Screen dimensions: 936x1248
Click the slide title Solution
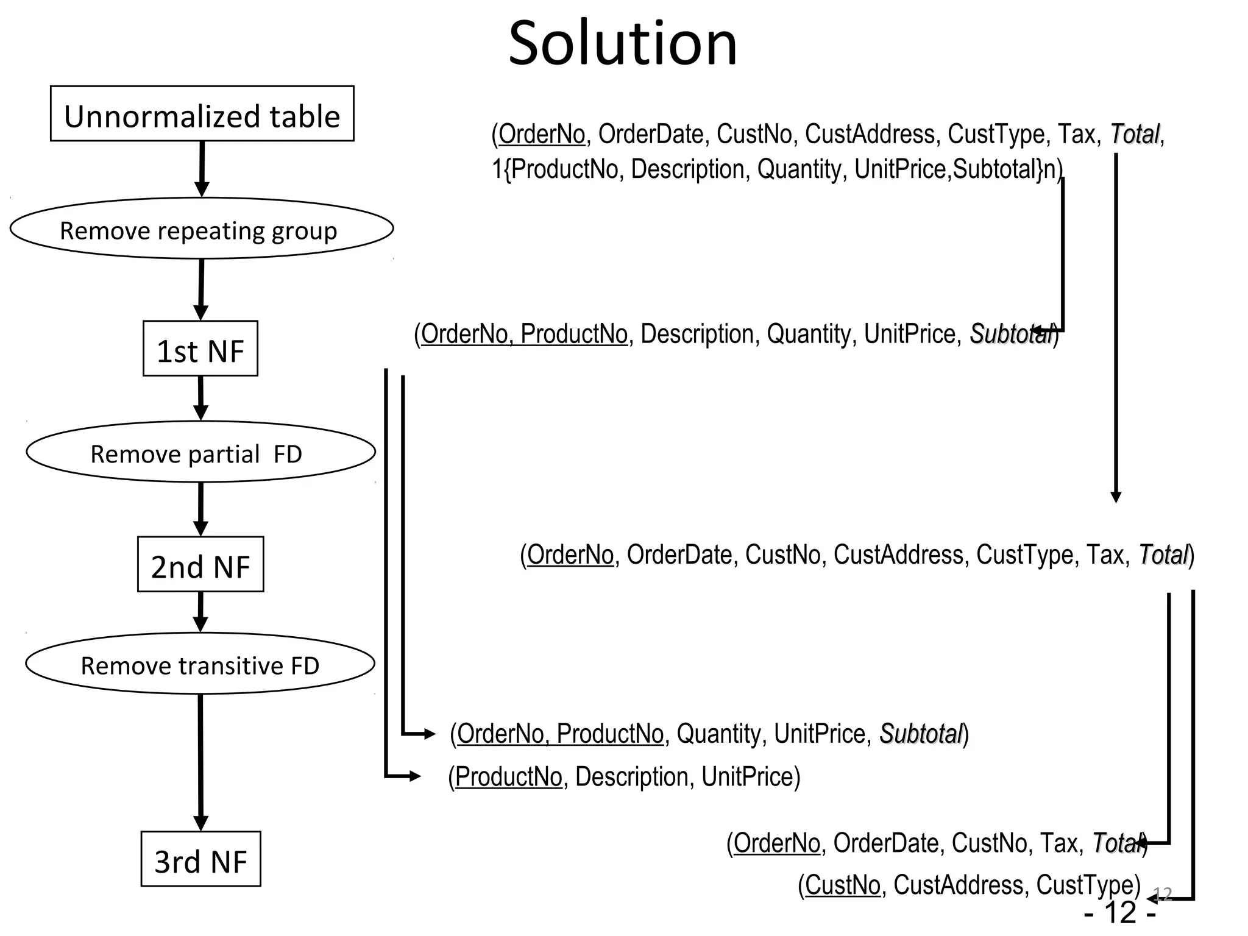pos(623,44)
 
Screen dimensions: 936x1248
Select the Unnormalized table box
pos(202,114)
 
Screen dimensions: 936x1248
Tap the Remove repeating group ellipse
pos(202,229)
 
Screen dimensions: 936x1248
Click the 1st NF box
pos(200,349)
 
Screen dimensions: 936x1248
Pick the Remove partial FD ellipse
pos(200,452)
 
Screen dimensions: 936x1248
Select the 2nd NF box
pos(200,564)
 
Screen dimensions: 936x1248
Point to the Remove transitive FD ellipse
pos(200,664)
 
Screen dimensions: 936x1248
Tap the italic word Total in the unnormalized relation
pos(1134,134)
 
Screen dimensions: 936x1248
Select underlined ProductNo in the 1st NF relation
pos(573,334)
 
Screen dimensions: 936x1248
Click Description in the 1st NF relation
pos(697,334)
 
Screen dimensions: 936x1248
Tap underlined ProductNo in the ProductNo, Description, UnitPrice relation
pos(508,777)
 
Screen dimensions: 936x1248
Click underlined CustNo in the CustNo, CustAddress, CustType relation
pos(842,885)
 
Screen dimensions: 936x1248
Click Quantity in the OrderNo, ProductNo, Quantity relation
pos(718,734)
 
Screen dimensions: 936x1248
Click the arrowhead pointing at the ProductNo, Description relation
pos(415,776)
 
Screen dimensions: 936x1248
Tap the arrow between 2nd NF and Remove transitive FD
pos(200,612)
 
